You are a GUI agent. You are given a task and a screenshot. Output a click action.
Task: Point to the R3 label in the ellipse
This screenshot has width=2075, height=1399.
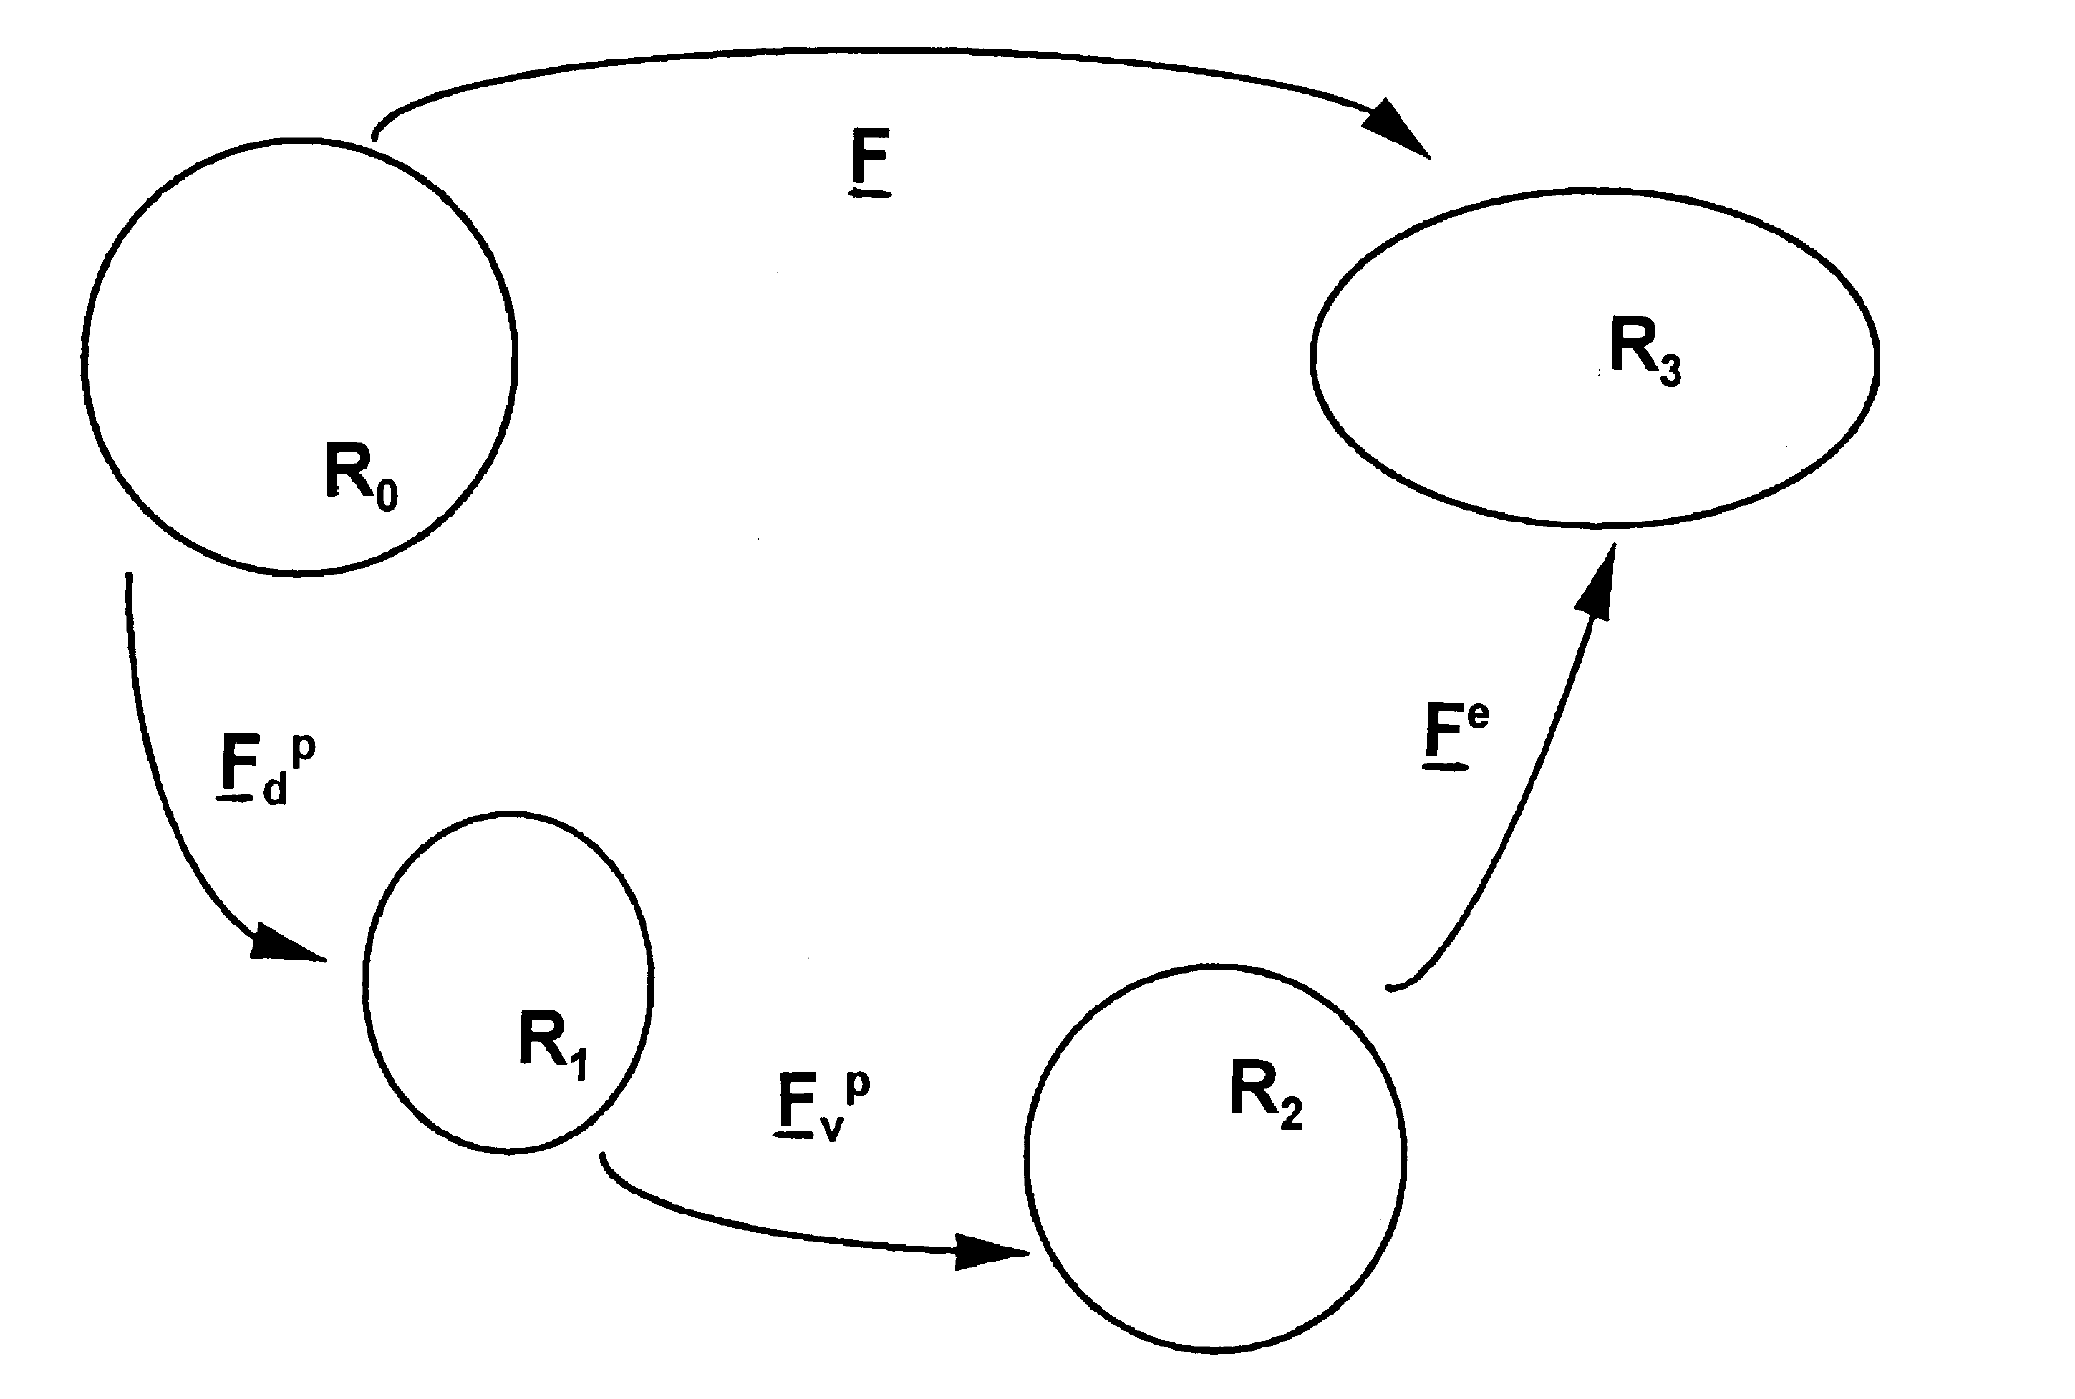tap(1645, 350)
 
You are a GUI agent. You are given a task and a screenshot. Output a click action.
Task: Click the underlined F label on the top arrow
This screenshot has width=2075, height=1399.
tap(870, 160)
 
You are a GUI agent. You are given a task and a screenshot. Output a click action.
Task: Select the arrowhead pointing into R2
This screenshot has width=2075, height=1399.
tap(989, 1252)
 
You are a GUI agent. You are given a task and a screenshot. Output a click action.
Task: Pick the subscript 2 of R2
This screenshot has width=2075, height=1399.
tap(1292, 1114)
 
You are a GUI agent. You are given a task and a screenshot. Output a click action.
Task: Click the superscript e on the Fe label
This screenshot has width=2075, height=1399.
tap(1477, 716)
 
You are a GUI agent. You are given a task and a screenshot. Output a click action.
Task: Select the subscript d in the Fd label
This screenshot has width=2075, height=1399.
tap(275, 789)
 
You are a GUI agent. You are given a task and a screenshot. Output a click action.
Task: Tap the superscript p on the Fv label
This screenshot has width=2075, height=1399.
tap(858, 1083)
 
